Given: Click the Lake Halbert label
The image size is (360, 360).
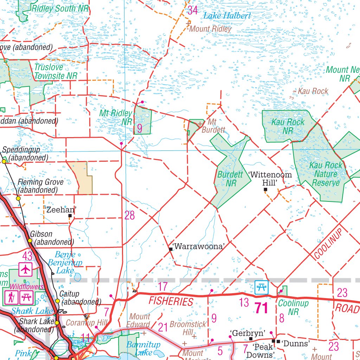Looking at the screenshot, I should (227, 15).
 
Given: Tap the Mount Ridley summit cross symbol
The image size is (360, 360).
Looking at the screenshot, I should (188, 24).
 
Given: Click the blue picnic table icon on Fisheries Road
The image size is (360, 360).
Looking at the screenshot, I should (261, 287).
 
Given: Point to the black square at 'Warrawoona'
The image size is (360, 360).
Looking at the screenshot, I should (171, 249).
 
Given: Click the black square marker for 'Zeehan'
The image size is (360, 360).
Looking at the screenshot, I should (70, 216).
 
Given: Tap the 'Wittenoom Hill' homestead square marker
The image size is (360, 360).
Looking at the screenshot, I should (265, 189).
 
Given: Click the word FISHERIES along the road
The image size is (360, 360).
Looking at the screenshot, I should (171, 301).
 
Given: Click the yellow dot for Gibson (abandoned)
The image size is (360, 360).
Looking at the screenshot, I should (30, 241).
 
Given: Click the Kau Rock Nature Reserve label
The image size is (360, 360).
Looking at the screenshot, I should (326, 174).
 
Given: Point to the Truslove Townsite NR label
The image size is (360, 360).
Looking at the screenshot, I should (56, 71).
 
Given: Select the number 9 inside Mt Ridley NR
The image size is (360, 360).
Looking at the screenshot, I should (140, 129).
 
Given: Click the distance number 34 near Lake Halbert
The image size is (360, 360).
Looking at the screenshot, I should (192, 10).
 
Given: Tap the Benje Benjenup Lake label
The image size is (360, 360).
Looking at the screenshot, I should (65, 262).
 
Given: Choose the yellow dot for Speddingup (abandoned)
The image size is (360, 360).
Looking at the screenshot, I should (4, 161).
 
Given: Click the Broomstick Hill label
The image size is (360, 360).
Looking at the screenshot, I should (188, 328).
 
